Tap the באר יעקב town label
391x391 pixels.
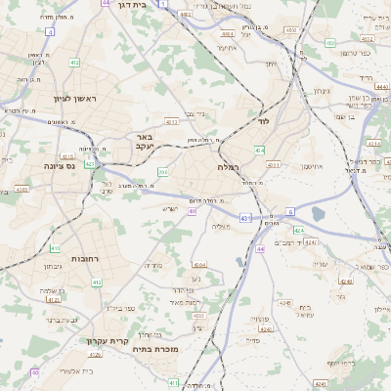point(144,143)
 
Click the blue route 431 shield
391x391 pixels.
point(244,217)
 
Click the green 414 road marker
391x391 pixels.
point(259,150)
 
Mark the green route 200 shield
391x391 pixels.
point(162,172)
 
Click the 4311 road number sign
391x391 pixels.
point(274,165)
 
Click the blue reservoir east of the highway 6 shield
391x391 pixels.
point(318,214)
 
